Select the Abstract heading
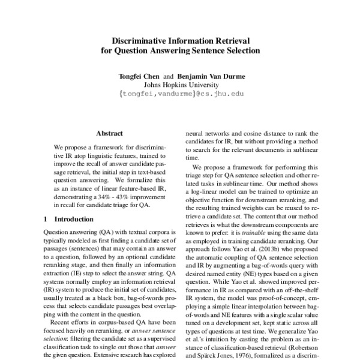(x=109, y=133)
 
